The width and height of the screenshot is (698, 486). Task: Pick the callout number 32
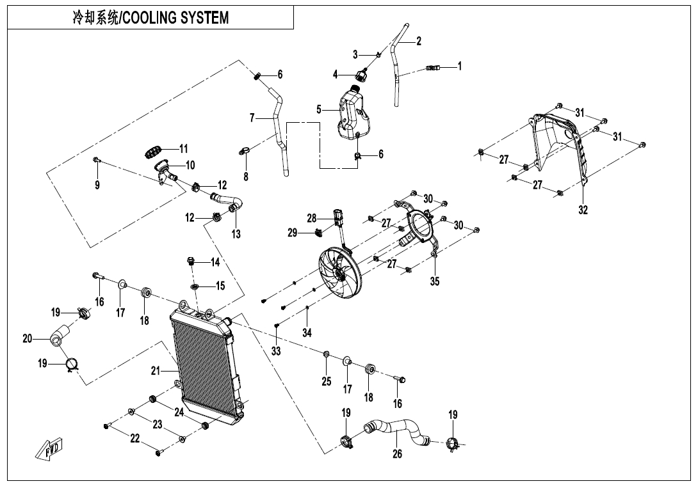click(x=583, y=210)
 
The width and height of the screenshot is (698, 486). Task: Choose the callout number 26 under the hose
click(x=397, y=455)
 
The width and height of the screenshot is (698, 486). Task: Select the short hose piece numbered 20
click(x=60, y=336)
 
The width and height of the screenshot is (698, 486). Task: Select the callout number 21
click(x=154, y=370)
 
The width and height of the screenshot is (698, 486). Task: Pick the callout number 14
click(x=215, y=262)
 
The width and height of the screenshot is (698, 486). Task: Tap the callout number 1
click(x=459, y=66)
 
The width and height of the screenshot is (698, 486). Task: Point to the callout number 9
click(x=97, y=185)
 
